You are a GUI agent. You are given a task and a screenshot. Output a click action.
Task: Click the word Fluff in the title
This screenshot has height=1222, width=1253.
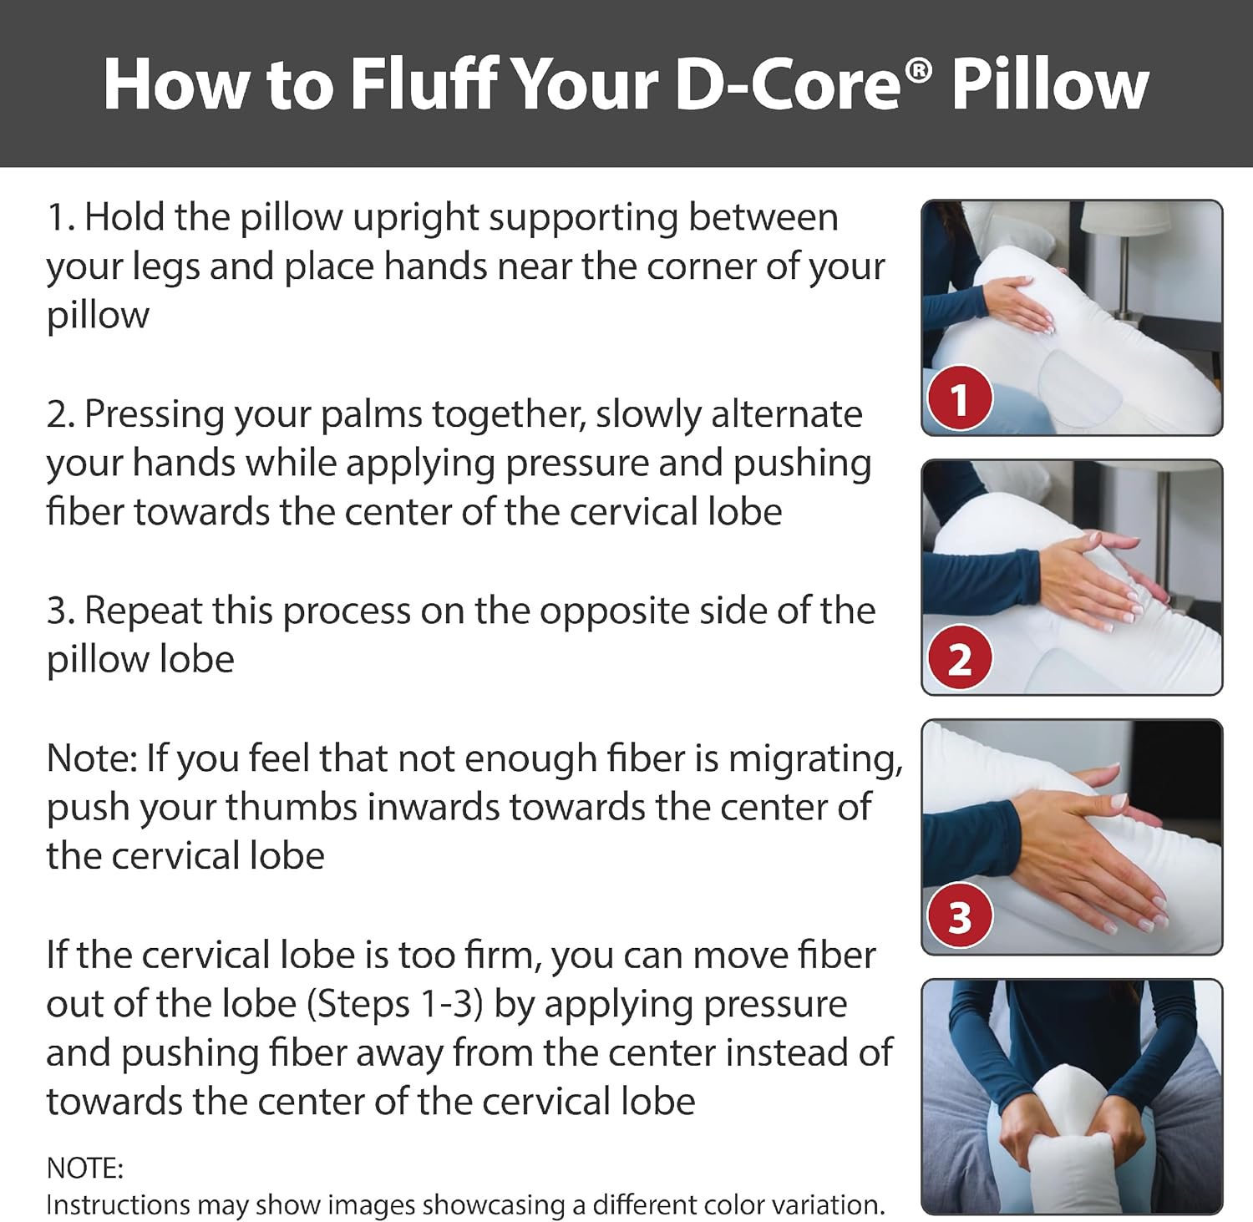tap(423, 84)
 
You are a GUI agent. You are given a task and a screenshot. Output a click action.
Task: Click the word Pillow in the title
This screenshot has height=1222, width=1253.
tap(1050, 84)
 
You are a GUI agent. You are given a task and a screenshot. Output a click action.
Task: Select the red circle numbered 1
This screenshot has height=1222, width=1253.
tap(960, 398)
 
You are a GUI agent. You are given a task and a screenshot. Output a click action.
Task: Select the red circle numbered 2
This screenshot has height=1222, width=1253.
tap(960, 659)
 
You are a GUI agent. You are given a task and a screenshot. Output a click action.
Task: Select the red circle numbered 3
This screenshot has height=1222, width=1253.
tap(960, 918)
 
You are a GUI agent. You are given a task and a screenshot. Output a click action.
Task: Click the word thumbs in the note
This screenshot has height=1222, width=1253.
tap(280, 808)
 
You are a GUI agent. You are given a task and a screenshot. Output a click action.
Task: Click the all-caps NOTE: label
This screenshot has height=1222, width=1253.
tap(84, 1168)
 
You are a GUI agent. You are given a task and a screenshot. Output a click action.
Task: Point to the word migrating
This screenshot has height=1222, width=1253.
tap(815, 758)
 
